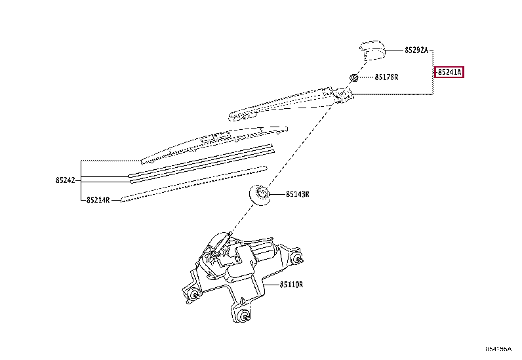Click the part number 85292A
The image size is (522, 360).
point(416,50)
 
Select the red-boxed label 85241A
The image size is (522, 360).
point(450,72)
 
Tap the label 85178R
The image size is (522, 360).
point(387,77)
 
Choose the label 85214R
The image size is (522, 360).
point(98,200)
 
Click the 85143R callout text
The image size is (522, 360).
point(297,194)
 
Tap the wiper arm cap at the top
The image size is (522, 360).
point(372,49)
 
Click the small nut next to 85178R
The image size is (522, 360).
point(353,77)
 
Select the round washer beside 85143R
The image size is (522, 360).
point(261,195)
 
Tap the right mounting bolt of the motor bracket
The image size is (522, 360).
point(300,259)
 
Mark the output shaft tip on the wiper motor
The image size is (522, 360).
point(230,236)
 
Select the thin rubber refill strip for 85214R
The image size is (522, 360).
point(190,183)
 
